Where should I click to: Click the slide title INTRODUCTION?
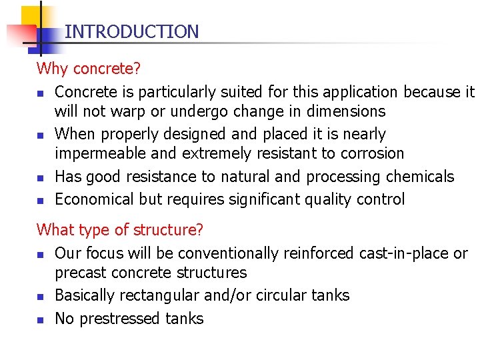click(x=132, y=31)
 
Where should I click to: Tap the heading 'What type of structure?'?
click(x=120, y=230)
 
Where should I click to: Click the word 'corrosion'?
click(x=371, y=153)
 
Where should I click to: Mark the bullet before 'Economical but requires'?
click(x=41, y=200)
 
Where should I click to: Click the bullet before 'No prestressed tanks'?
click(x=41, y=319)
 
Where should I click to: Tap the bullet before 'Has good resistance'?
click(x=41, y=177)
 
